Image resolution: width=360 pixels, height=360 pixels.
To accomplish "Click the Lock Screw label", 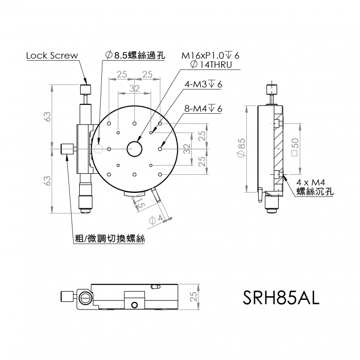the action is click(52, 56).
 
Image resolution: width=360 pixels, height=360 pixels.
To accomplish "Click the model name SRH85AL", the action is click(281, 298).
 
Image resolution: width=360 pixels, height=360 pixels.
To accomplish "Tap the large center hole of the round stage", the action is click(135, 149).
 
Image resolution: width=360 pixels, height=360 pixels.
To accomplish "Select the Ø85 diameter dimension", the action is click(242, 148).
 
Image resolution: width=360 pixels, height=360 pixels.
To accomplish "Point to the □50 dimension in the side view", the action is click(295, 147).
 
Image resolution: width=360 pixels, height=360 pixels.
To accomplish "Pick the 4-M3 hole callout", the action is click(204, 85).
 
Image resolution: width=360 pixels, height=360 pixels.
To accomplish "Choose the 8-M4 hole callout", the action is click(204, 109).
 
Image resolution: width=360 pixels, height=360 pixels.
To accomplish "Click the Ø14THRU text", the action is click(211, 65).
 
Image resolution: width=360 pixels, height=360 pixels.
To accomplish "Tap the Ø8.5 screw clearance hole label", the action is click(135, 56).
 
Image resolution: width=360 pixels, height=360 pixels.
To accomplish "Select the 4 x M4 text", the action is click(311, 183).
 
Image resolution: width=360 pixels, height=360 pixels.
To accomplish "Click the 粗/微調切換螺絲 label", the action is click(110, 239).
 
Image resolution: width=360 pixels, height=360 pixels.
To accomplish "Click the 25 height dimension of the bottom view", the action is click(194, 297).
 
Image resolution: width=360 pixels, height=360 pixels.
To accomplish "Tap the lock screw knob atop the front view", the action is click(85, 89).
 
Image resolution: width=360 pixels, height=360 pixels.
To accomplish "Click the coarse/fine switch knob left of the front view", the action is click(67, 149).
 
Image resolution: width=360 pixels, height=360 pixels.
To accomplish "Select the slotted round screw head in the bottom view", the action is click(85, 298).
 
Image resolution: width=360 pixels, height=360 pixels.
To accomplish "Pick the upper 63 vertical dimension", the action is click(47, 117).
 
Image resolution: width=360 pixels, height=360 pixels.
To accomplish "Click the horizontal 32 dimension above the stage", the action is click(135, 88).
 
